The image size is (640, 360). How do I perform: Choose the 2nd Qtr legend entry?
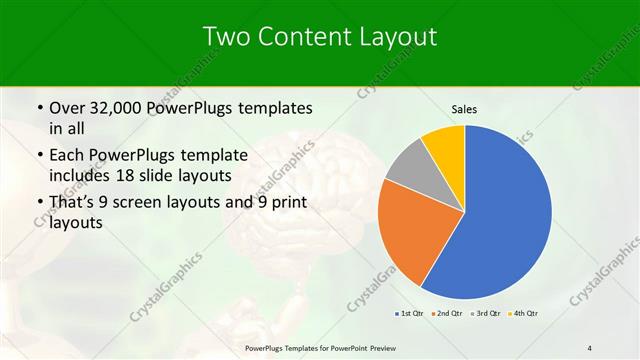[x=448, y=314]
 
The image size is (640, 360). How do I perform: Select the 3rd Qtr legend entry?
[x=485, y=314]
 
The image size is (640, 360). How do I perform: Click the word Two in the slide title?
[x=226, y=37]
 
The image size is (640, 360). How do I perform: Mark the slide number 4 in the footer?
[x=591, y=347]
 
